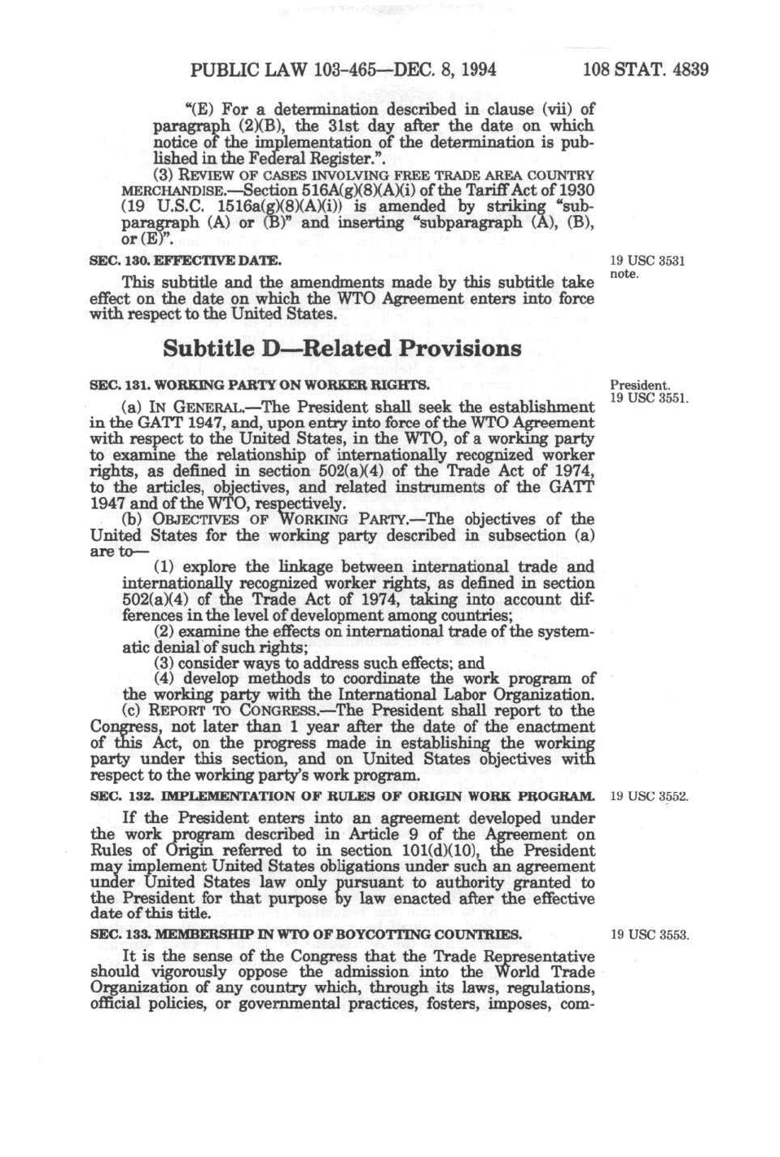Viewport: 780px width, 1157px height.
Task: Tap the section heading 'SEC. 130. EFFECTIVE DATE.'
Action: coord(186,261)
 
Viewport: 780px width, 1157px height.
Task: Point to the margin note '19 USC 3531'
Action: coord(646,262)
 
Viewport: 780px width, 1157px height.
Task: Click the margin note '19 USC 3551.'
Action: coord(649,398)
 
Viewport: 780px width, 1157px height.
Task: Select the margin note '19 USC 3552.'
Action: coord(649,796)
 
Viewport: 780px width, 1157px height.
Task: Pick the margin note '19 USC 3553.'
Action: coord(649,935)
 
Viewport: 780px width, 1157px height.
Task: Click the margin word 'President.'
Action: coord(640,385)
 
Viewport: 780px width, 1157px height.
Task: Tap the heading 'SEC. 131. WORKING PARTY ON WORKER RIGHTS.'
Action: coord(259,385)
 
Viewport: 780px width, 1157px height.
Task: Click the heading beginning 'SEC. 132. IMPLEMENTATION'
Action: coord(341,796)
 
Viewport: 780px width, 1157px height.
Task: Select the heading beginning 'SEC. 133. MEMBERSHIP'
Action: coord(305,935)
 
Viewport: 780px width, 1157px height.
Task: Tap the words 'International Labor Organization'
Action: coord(464,695)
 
